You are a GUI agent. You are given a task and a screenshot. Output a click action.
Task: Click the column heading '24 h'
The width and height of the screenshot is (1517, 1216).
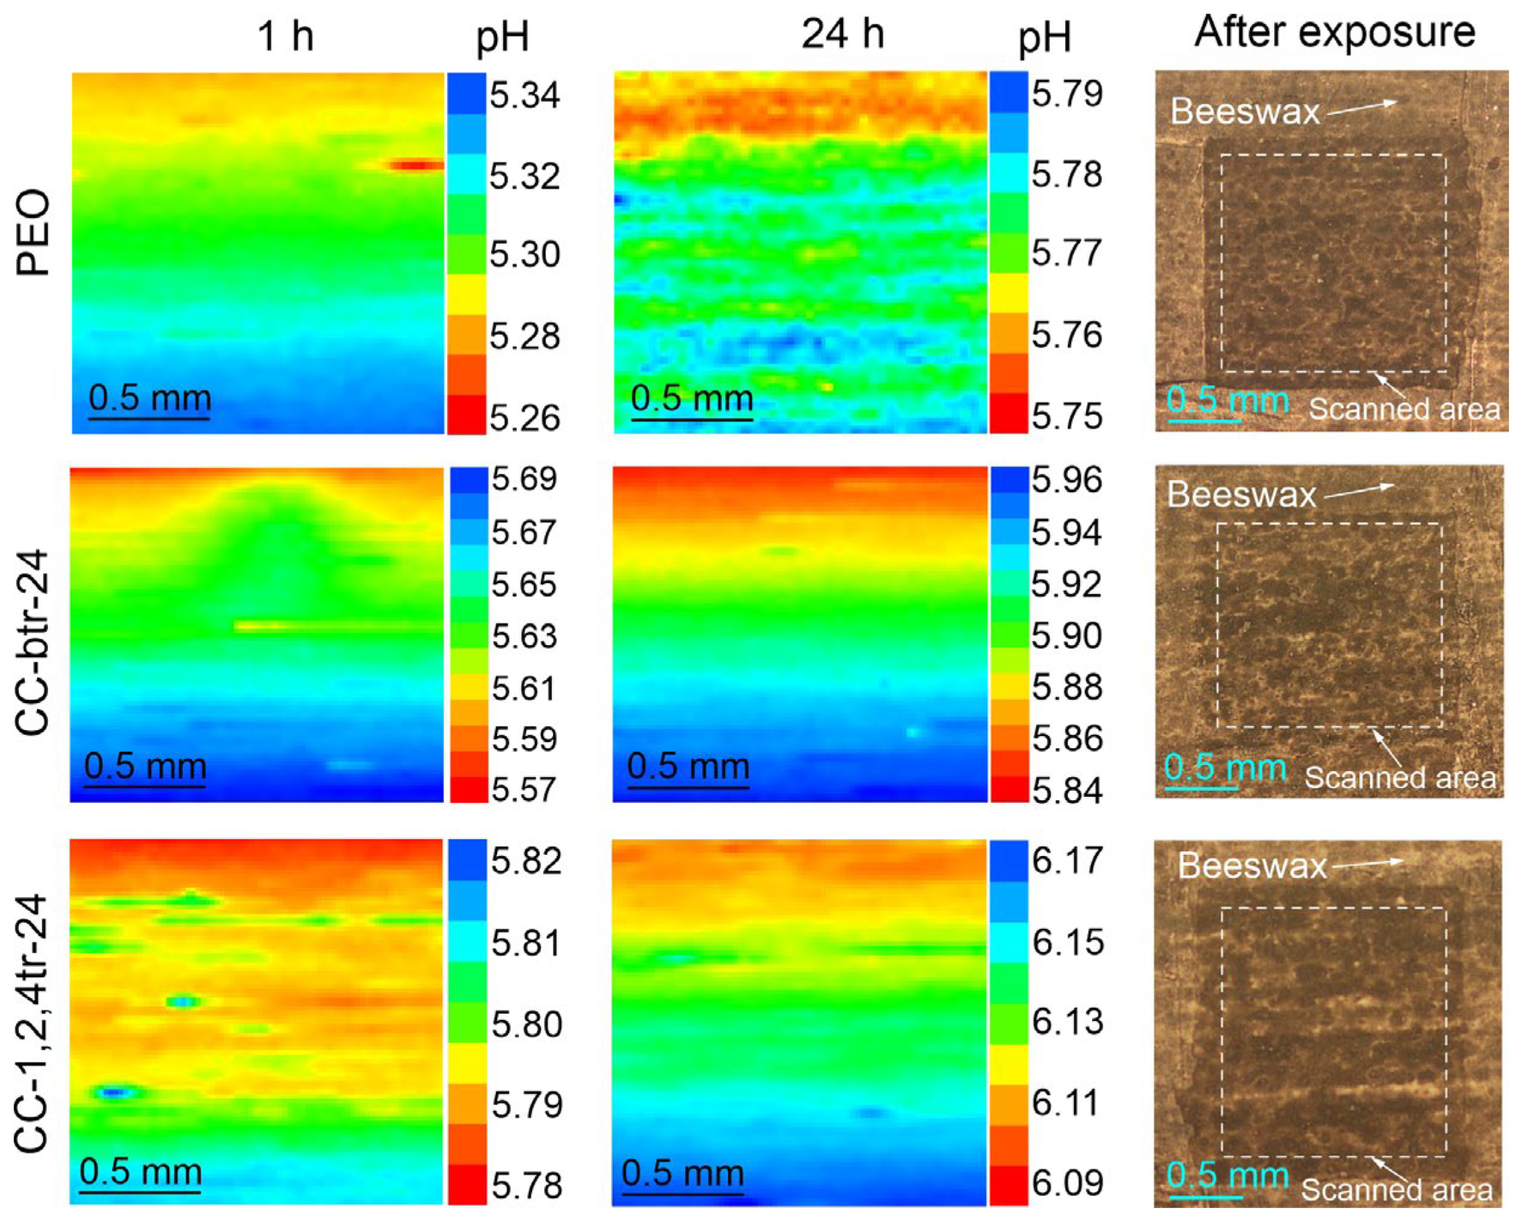pyautogui.click(x=842, y=33)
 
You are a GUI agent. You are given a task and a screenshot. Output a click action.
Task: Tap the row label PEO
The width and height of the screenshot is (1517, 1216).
pyautogui.click(x=34, y=234)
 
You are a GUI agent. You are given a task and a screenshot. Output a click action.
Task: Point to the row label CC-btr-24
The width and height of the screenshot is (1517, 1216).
pyautogui.click(x=34, y=643)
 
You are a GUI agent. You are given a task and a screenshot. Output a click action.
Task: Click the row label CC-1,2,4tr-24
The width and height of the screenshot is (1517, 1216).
pyautogui.click(x=34, y=1024)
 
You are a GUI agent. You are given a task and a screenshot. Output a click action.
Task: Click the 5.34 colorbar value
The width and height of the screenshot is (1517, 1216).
pyautogui.click(x=524, y=95)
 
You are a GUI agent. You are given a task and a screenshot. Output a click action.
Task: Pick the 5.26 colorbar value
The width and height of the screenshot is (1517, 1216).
pyautogui.click(x=524, y=418)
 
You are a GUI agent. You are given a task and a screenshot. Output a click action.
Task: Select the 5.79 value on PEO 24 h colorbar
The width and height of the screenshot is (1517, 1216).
pyautogui.click(x=1066, y=94)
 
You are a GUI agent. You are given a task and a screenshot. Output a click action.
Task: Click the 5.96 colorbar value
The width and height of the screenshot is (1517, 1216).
pyautogui.click(x=1066, y=481)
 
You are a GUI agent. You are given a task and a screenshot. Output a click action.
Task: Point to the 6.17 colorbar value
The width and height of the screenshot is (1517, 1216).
pyautogui.click(x=1066, y=861)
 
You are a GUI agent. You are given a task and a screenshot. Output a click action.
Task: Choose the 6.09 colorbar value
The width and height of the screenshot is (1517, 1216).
pyautogui.click(x=1066, y=1183)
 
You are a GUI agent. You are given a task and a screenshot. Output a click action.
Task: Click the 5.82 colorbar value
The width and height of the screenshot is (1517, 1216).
pyautogui.click(x=525, y=861)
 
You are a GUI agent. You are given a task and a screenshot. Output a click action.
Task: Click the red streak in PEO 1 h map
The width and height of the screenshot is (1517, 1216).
pyautogui.click(x=415, y=165)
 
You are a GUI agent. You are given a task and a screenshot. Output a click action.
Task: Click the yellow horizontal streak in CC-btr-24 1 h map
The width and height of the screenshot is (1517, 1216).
pyautogui.click(x=338, y=625)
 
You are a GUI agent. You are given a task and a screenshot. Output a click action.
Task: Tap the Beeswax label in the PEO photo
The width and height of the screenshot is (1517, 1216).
pyautogui.click(x=1244, y=111)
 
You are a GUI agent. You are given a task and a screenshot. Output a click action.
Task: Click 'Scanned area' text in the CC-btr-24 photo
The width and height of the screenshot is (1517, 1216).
pyautogui.click(x=1400, y=777)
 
